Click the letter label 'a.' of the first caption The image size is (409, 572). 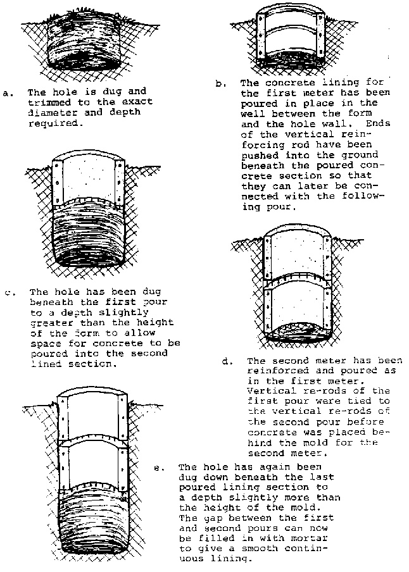pos(8,94)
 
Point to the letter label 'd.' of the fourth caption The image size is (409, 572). pos(226,361)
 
